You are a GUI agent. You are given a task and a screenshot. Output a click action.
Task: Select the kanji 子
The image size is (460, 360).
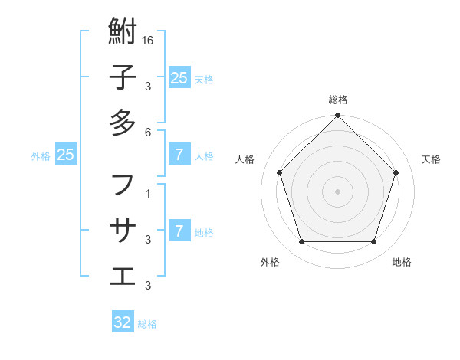(x=123, y=78)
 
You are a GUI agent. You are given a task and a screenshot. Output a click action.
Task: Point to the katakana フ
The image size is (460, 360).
(x=123, y=185)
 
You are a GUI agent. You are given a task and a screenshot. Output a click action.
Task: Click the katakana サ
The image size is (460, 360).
(x=123, y=229)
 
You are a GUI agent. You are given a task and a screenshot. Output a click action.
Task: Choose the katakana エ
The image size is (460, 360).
(x=123, y=273)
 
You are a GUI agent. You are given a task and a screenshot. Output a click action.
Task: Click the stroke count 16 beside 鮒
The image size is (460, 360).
(x=149, y=40)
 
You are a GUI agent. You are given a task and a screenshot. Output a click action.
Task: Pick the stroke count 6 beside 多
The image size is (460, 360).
(x=148, y=131)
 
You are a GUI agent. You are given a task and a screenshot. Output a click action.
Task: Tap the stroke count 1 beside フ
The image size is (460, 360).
(x=148, y=193)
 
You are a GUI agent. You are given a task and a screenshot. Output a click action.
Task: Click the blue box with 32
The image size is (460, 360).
(x=123, y=322)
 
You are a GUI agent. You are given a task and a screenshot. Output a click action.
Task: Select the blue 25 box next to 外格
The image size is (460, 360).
(x=66, y=155)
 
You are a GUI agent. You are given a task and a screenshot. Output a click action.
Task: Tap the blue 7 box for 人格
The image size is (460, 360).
(x=179, y=155)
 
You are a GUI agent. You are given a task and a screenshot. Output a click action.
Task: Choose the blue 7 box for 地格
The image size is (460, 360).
(x=179, y=230)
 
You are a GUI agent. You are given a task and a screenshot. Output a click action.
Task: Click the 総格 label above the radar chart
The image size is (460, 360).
(x=338, y=100)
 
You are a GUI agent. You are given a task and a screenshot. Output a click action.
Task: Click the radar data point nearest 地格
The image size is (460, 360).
(x=374, y=241)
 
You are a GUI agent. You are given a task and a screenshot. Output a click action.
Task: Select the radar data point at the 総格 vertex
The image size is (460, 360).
(x=338, y=116)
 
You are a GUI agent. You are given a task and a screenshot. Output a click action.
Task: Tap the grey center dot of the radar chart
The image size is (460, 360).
(x=338, y=191)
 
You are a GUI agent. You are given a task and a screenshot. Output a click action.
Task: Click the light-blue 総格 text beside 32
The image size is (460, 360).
(x=147, y=324)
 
